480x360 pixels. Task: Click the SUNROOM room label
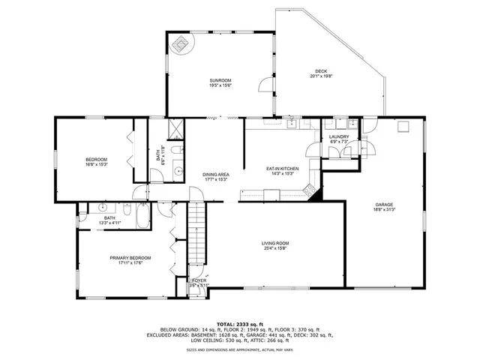click(x=220, y=80)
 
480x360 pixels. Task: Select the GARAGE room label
click(x=385, y=204)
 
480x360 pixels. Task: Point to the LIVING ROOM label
click(x=275, y=243)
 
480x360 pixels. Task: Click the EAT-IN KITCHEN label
click(x=283, y=169)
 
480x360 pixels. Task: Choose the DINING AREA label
click(x=215, y=175)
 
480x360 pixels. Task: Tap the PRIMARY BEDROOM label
click(x=130, y=257)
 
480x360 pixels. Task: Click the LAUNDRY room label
click(x=339, y=136)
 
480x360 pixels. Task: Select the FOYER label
click(x=199, y=280)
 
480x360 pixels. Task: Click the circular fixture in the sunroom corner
click(x=181, y=44)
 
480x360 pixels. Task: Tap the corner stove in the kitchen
click(x=310, y=193)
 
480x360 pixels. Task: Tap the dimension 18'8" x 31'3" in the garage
click(x=385, y=210)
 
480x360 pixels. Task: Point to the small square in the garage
click(x=403, y=126)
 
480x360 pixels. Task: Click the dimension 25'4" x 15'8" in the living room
click(x=275, y=248)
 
